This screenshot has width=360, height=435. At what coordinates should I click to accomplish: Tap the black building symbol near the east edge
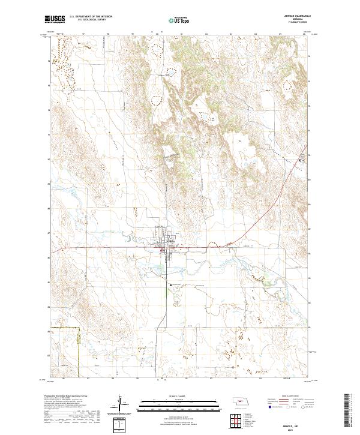click(x=302, y=161)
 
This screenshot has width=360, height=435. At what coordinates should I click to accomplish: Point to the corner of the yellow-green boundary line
click(x=80, y=326)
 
